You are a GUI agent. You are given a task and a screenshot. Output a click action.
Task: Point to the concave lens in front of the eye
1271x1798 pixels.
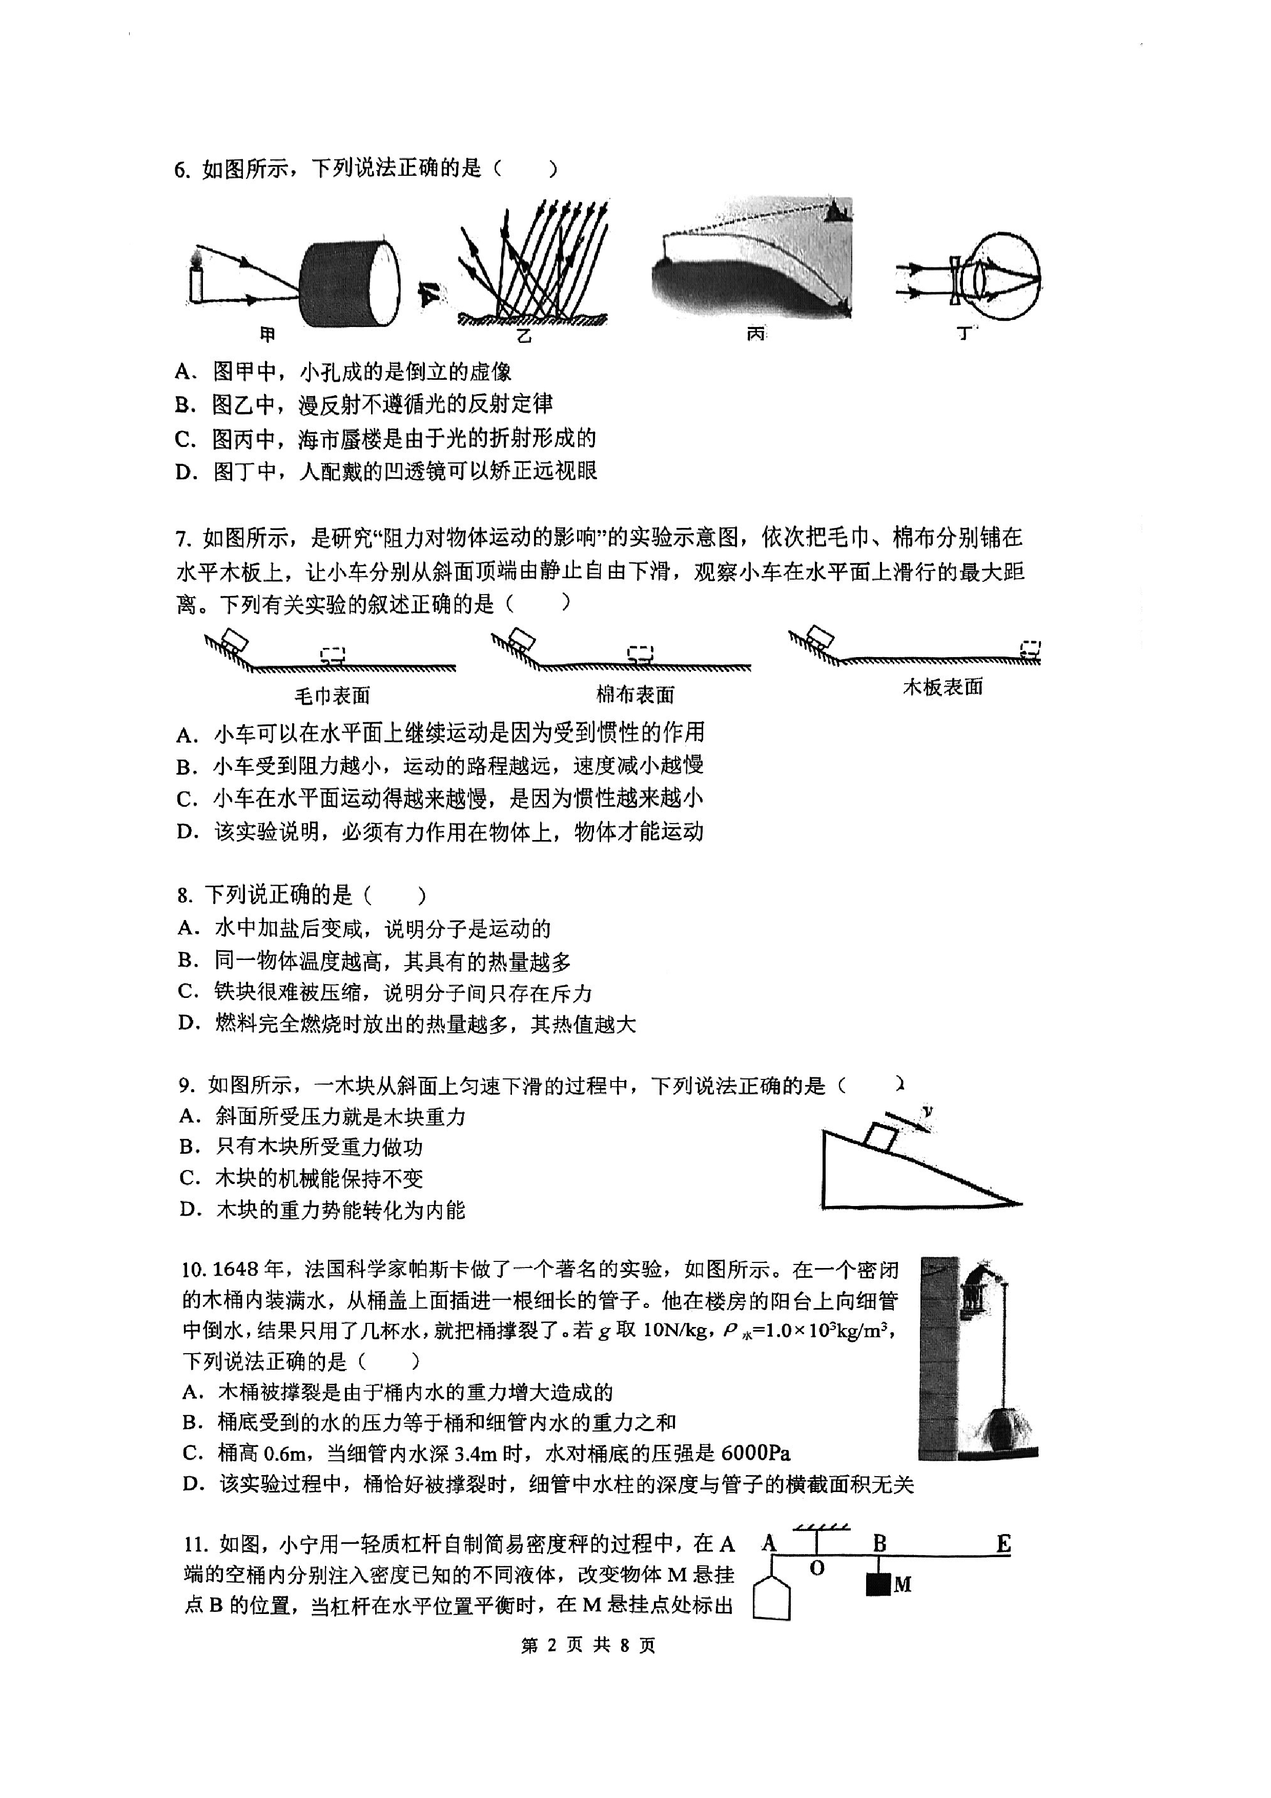point(956,281)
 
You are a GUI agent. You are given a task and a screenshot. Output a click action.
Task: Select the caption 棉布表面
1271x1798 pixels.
point(635,694)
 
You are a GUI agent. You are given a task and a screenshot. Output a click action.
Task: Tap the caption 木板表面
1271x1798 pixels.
point(943,687)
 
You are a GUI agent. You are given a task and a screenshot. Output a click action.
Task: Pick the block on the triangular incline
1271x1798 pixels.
point(881,1135)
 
